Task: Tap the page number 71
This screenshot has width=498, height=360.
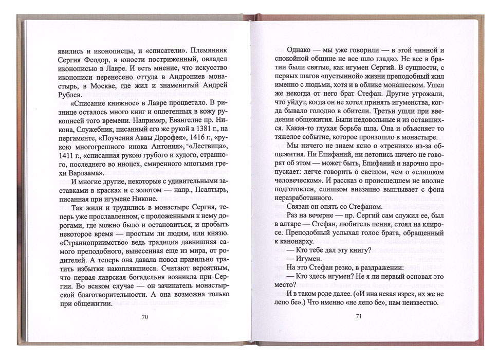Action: [359, 316]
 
